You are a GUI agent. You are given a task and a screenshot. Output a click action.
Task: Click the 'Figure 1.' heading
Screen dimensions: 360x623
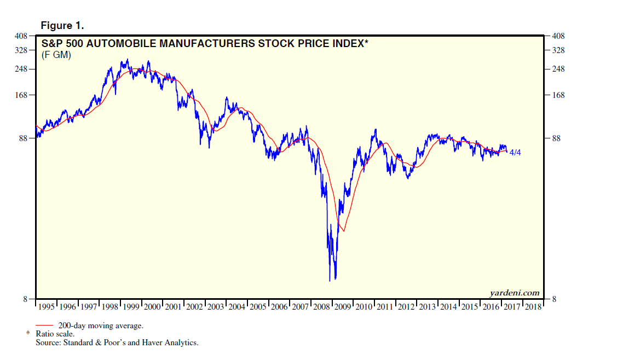pos(62,26)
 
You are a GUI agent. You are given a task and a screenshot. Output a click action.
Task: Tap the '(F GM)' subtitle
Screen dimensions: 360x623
pos(56,55)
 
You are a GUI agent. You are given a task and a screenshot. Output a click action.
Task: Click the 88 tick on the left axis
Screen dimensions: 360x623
pos(23,138)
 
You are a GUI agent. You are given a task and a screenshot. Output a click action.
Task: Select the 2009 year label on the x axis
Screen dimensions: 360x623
pos(343,307)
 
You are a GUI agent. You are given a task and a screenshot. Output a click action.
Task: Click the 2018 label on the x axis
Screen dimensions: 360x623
pos(533,307)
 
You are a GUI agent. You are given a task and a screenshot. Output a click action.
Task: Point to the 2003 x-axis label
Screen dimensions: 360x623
pos(216,307)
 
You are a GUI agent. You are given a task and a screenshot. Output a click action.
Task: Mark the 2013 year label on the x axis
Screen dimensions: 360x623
pos(428,307)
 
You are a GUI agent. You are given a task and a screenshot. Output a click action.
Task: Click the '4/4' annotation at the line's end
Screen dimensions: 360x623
pos(515,153)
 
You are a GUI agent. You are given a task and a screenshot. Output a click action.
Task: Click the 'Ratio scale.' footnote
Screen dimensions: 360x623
pos(55,334)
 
